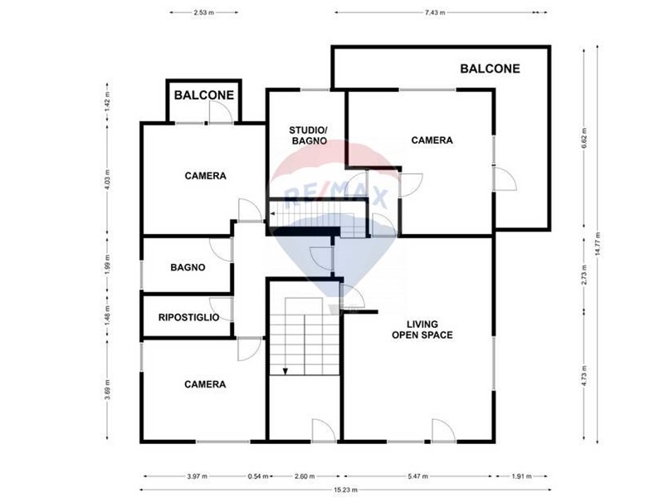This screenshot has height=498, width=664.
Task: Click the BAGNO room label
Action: click(x=188, y=267)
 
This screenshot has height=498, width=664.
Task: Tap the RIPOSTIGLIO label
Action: click(x=189, y=317)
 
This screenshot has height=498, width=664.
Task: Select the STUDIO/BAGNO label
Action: click(x=309, y=135)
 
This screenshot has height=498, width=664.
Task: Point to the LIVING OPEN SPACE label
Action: click(x=422, y=330)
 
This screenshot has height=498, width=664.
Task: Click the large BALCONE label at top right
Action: click(x=490, y=69)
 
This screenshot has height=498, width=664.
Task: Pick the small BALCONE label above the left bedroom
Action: click(x=204, y=95)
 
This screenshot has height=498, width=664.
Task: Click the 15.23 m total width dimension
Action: click(x=345, y=490)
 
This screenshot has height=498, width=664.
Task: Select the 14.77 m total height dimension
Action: click(x=598, y=244)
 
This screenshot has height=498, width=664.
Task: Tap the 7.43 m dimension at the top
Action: click(x=435, y=12)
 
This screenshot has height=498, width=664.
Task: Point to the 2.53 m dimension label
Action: click(x=203, y=12)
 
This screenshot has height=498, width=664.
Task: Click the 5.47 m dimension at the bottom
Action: click(x=418, y=476)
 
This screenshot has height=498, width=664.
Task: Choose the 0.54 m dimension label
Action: click(x=258, y=476)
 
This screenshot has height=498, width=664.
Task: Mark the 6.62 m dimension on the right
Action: click(x=584, y=138)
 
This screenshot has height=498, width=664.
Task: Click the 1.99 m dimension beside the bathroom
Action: click(x=107, y=263)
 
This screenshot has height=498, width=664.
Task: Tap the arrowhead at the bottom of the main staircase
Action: click(x=286, y=371)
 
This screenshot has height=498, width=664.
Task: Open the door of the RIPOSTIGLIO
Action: click(x=222, y=309)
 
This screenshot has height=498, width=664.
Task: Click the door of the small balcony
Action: click(x=221, y=113)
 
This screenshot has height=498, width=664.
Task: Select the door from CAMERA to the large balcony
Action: click(x=505, y=178)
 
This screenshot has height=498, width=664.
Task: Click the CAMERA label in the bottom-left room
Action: click(x=205, y=384)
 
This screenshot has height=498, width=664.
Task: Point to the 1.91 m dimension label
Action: click(x=521, y=476)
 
